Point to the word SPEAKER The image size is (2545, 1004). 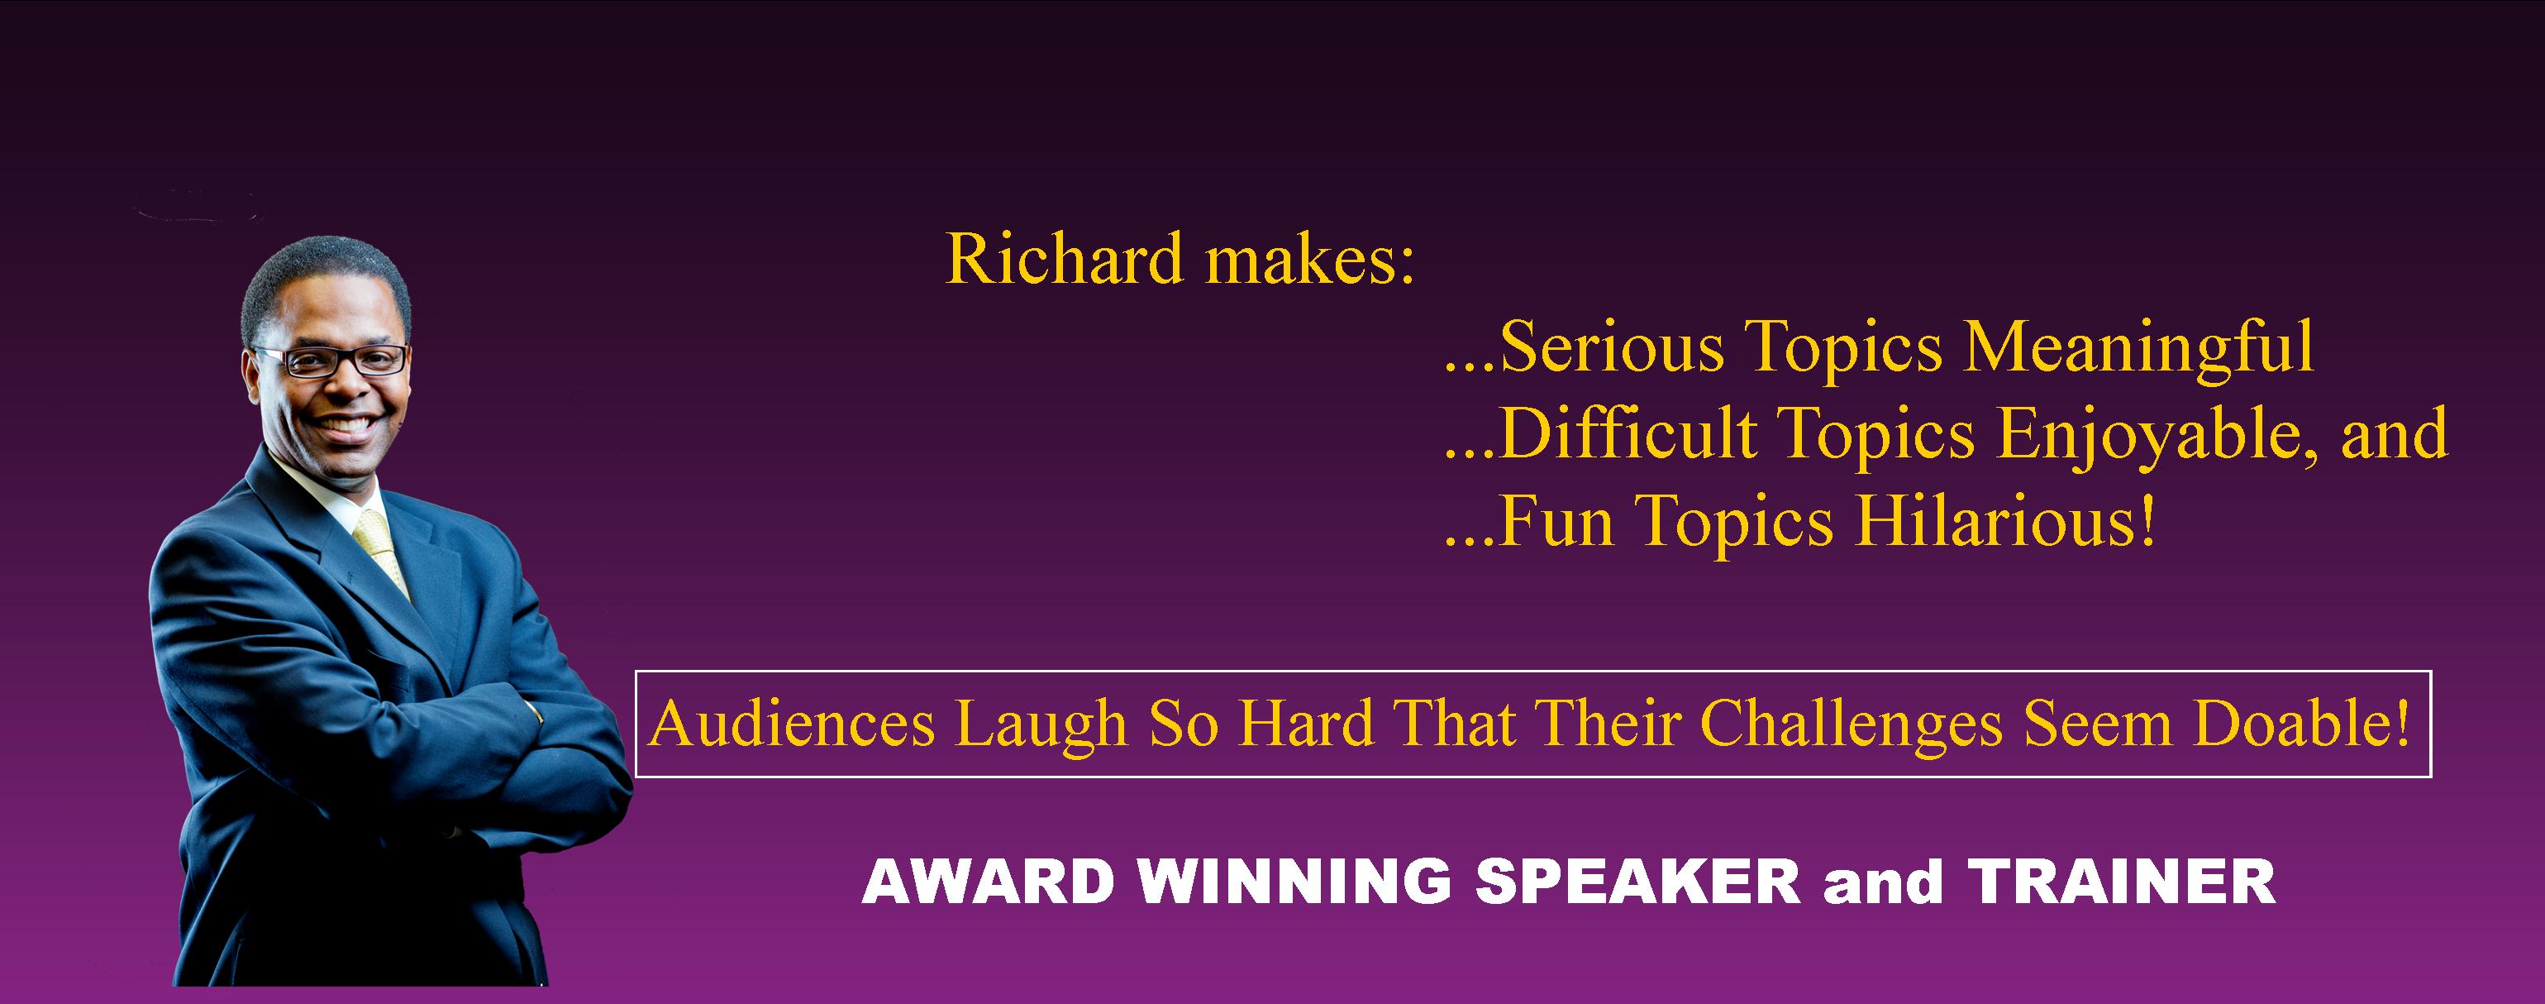tap(1637, 882)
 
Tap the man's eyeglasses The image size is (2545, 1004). tap(331, 360)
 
